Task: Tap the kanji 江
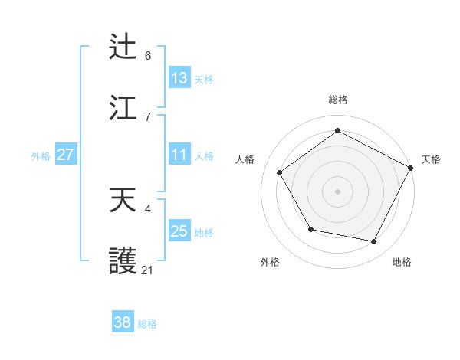123,108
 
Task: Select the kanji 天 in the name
123,201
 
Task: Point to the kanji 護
123,262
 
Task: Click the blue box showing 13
179,77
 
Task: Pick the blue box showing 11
179,155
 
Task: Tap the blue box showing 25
179,231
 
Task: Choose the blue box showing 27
65,155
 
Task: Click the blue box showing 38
122,322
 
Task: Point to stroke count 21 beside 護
148,270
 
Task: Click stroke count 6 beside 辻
148,55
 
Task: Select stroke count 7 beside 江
148,116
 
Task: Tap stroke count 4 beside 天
148,208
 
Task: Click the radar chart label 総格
337,100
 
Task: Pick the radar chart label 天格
431,159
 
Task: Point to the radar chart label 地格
402,262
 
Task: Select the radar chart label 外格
270,262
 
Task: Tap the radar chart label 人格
245,159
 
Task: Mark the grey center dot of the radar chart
337,191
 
